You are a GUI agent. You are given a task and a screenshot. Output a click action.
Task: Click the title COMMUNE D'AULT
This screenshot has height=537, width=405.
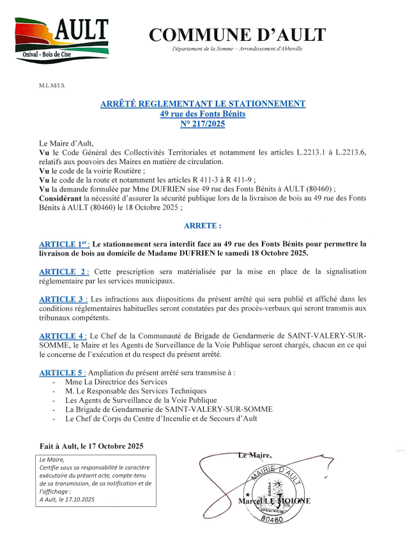237,34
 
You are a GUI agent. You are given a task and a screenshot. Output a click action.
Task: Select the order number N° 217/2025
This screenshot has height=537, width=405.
202,124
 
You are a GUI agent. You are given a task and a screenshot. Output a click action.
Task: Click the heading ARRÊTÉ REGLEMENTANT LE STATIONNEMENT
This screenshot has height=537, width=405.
202,103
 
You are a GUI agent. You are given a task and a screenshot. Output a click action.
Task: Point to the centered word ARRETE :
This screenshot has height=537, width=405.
202,226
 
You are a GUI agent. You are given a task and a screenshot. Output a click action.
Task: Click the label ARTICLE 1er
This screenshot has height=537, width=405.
64,245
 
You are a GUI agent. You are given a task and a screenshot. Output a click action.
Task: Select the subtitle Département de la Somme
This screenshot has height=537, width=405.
237,49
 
